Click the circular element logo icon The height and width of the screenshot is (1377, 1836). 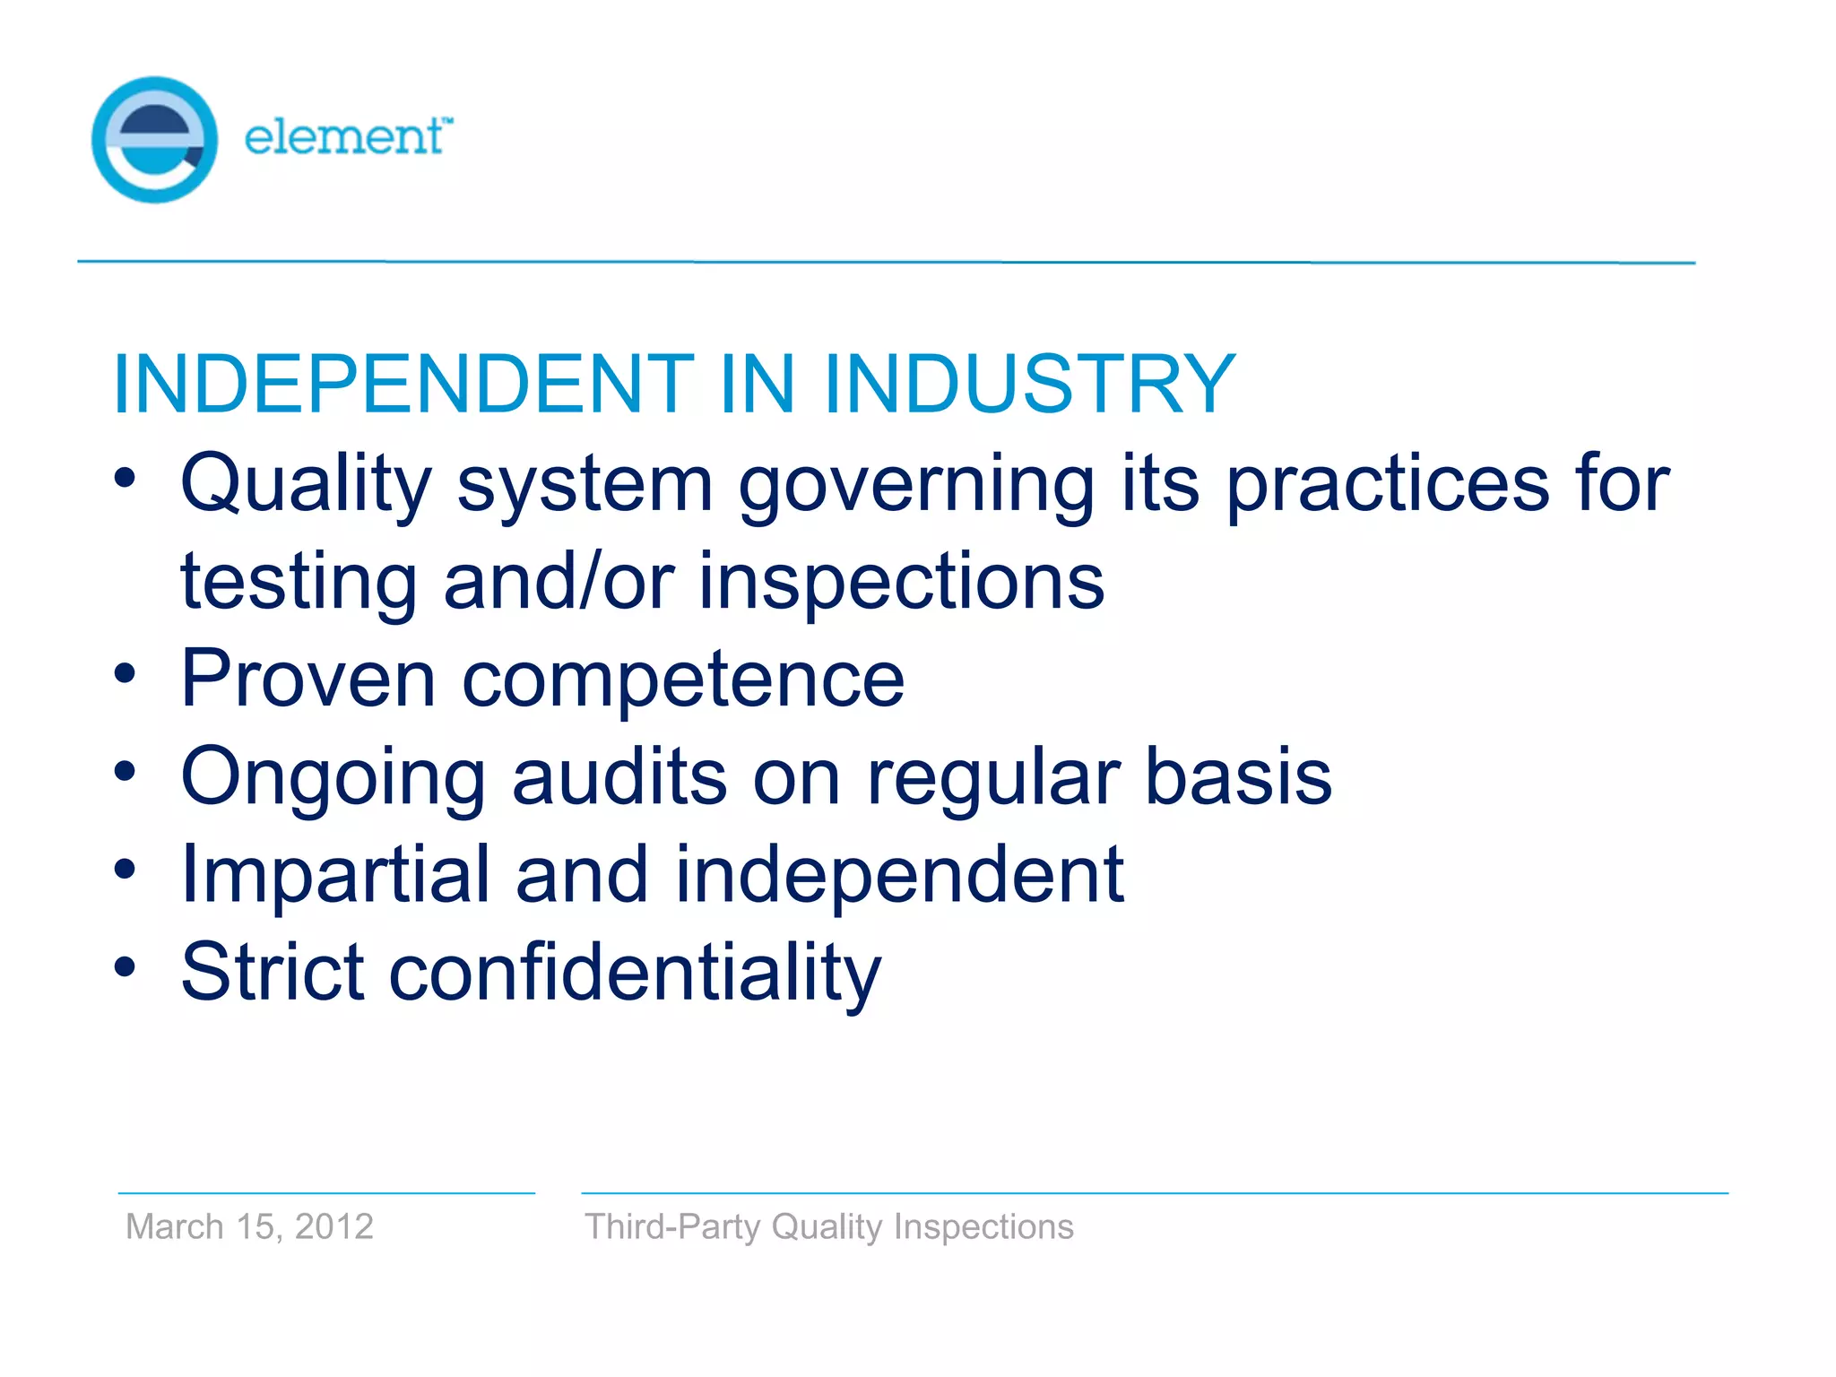154,140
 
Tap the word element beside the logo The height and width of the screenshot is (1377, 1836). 344,137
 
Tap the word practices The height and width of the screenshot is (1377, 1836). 1387,485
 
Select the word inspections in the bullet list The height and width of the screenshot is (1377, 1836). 901,583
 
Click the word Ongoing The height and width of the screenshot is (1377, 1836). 333,778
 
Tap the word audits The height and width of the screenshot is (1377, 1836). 619,776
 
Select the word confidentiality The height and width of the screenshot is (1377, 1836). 635,974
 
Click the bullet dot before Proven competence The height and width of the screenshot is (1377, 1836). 125,673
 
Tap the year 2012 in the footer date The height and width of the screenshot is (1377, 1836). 333,1226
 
